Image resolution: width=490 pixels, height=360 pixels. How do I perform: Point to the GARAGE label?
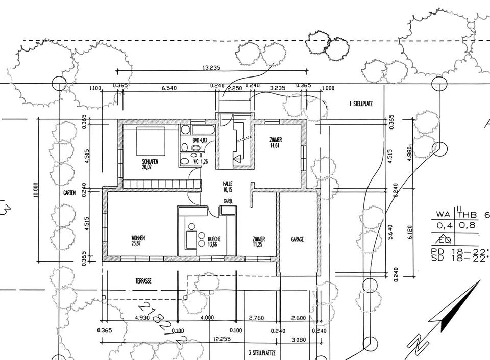point(298,239)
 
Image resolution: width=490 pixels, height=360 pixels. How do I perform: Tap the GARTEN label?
point(69,193)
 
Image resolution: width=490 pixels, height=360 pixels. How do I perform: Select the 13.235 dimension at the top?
point(211,67)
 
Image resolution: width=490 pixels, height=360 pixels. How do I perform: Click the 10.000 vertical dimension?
point(36,189)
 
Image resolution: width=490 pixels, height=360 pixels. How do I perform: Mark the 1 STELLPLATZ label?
point(361,104)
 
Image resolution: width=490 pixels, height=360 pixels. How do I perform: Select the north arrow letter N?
point(422,345)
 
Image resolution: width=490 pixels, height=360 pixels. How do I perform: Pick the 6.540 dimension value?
point(169,88)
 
